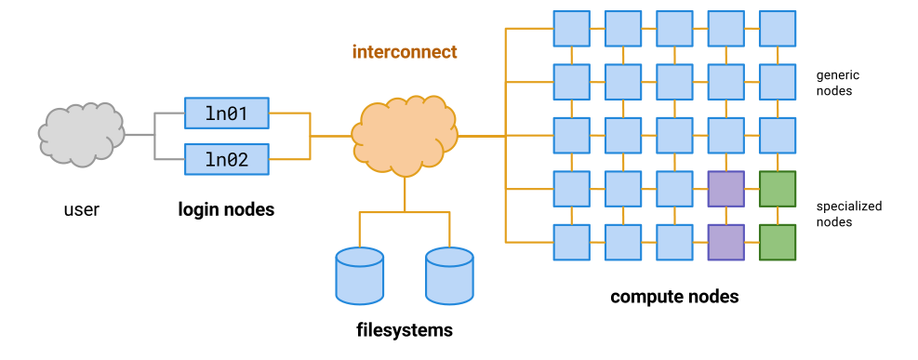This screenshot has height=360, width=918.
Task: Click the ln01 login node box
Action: tap(226, 113)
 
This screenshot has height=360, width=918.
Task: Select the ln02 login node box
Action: tap(226, 159)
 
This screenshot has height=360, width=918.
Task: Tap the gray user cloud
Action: tap(82, 134)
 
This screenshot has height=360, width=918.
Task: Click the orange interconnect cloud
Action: tap(405, 136)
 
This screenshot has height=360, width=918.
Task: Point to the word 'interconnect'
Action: tap(405, 52)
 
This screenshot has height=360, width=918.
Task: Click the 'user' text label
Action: tap(81, 210)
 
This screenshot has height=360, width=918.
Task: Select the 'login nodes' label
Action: tap(226, 210)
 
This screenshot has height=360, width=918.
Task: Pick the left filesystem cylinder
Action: tap(359, 275)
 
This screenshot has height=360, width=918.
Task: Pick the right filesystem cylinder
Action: tap(449, 275)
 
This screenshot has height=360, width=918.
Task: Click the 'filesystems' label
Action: tap(405, 329)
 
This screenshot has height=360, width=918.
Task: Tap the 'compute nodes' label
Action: tap(674, 297)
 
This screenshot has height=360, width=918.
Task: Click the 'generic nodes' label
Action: tap(833, 83)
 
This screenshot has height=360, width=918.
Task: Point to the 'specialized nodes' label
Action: tap(848, 214)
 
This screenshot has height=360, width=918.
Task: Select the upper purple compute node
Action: tap(725, 189)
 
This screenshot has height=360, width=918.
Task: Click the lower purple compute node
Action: tap(725, 242)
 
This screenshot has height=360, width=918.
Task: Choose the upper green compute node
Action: tap(778, 189)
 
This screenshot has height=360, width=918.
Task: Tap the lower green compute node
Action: tap(778, 242)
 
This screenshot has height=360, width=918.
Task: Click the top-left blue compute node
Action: tap(571, 28)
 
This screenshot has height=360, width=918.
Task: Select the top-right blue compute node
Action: tap(778, 28)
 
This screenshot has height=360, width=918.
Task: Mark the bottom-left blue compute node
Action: tap(571, 242)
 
